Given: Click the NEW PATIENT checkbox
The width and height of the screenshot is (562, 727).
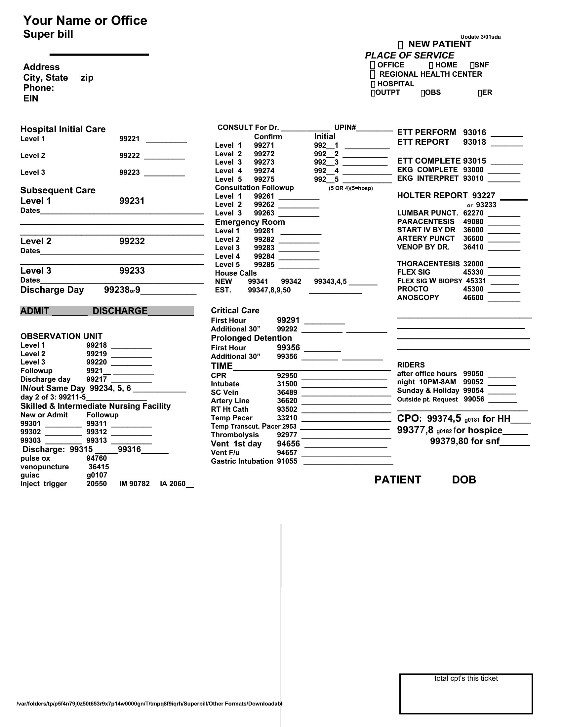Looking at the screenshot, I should (401, 45).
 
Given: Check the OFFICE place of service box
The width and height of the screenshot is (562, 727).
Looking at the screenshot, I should (373, 65).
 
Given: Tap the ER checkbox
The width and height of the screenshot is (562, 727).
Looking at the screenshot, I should (480, 93).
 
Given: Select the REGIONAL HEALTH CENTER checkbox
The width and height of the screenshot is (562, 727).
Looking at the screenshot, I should (373, 74).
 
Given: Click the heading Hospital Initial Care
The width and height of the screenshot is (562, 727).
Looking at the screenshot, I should (63, 129).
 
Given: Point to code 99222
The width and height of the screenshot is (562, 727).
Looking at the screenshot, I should (130, 156).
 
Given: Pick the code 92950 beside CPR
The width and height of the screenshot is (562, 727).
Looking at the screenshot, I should (287, 376).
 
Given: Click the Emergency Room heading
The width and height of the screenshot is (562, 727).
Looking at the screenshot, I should (250, 222).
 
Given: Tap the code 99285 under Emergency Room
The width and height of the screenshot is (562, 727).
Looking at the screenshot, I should (264, 265).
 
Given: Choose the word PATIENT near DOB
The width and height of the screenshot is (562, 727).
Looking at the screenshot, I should (397, 480).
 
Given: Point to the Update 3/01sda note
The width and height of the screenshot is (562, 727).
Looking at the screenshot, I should (480, 37).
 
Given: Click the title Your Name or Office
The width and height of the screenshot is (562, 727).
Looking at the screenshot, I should (85, 20).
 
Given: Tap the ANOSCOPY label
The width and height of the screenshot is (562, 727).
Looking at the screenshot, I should (418, 298).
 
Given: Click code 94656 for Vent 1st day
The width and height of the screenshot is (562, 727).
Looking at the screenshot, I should (288, 444).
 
